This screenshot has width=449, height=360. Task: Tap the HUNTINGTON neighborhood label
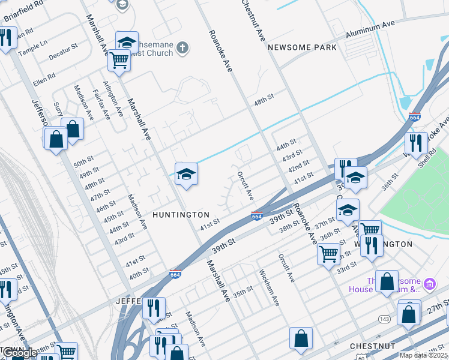[181, 214]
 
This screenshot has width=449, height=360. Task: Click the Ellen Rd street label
[44, 77]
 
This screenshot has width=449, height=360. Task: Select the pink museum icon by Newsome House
[429, 283]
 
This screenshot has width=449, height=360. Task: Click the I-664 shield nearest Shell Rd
[414, 118]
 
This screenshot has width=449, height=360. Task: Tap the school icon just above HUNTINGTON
[186, 175]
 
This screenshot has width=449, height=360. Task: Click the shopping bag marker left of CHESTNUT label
[301, 338]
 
